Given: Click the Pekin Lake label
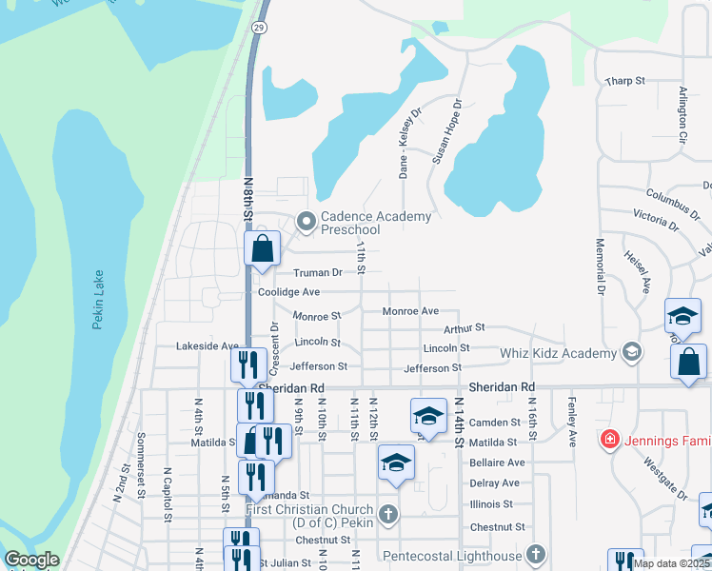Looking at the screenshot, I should (x=97, y=311).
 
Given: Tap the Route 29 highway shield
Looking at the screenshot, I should (x=258, y=28).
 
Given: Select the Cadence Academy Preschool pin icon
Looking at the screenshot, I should (x=306, y=223).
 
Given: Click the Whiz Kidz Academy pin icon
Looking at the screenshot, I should (x=630, y=353).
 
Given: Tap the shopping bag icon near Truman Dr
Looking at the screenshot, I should (x=263, y=249).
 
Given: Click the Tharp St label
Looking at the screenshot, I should (x=624, y=82).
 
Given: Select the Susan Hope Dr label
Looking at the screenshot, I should (x=446, y=130).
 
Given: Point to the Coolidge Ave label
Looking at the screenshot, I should (x=288, y=292).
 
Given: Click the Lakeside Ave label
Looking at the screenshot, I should (x=207, y=346).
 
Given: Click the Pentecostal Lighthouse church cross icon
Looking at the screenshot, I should (x=536, y=555).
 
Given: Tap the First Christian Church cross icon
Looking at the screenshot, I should (x=386, y=515).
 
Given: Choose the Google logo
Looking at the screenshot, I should (x=31, y=560).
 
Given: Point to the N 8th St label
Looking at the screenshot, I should (x=248, y=201).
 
